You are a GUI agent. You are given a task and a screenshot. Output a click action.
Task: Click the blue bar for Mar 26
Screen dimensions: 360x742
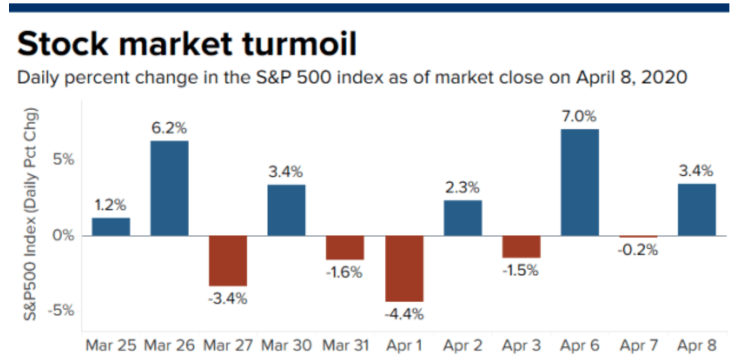169,188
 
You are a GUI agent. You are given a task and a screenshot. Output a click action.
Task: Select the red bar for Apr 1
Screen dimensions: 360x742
404,268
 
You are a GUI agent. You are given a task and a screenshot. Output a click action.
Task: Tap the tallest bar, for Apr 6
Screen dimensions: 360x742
580,182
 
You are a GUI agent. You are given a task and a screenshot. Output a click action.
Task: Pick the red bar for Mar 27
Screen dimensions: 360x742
228,261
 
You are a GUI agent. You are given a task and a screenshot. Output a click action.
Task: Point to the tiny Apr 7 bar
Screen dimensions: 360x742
638,237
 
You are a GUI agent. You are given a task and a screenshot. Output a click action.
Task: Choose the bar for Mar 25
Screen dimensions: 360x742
111,226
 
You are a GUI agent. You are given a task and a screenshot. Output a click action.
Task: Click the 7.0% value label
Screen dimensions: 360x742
580,117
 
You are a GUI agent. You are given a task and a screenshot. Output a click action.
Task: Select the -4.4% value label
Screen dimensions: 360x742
404,314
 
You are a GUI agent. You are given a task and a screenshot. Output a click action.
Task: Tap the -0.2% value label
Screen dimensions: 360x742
639,250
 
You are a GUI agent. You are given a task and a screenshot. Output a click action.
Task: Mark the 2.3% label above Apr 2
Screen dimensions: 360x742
462,187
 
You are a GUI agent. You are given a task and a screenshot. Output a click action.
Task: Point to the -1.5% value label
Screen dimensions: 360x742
520,270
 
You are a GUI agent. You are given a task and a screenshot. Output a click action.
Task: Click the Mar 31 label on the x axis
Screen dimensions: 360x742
345,346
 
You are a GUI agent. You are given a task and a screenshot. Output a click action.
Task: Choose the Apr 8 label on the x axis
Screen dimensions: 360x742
696,346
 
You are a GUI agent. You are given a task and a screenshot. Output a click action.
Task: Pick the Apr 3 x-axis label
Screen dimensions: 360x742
521,346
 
